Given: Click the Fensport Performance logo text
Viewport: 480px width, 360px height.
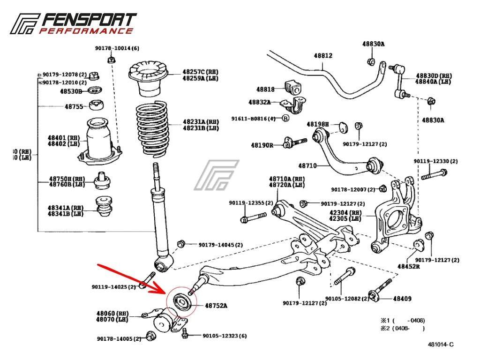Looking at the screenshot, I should coord(87,23).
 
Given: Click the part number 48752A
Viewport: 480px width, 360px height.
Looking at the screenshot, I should coord(216,306).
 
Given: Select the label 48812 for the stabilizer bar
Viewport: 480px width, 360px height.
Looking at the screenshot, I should coord(323,56).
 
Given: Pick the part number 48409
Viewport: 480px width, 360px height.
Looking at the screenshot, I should coord(402,298).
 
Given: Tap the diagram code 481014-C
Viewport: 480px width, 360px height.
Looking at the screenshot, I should coord(440,345).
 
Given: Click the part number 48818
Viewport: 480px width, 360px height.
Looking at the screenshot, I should coord(265,89).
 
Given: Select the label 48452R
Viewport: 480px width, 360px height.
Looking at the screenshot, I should coord(409,266).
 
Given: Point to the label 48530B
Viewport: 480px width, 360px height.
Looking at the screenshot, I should coord(71,91).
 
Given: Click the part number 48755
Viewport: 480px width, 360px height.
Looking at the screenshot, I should coord(74,106).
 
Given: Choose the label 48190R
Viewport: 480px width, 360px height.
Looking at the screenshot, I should coord(262,145).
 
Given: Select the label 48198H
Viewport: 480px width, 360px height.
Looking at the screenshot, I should coord(318,124).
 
